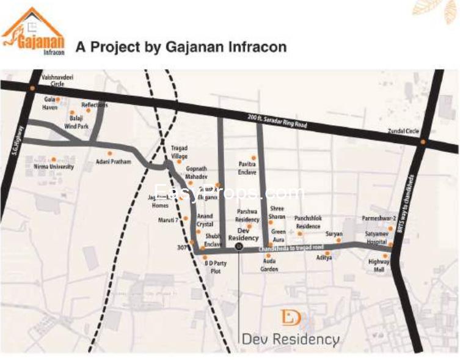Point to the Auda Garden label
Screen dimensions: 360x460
269,265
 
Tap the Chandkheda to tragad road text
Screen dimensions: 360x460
290,247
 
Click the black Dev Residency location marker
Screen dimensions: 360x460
239,247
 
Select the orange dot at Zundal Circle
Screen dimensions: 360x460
422,142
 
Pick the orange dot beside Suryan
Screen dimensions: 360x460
338,240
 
